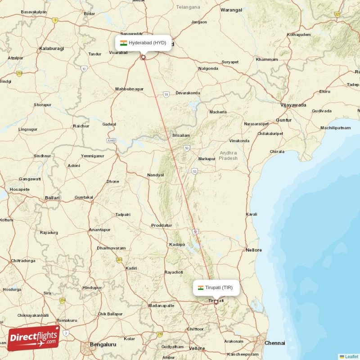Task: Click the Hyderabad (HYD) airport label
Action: [x=147, y=43]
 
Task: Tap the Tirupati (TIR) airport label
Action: [x=219, y=288]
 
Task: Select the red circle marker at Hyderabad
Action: [x=144, y=57]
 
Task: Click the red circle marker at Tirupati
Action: [x=216, y=302]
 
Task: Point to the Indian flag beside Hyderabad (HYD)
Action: [x=123, y=43]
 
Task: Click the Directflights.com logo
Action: [x=33, y=338]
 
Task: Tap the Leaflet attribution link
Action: [x=351, y=356]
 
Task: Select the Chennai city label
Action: [x=274, y=343]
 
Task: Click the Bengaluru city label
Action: [x=103, y=344]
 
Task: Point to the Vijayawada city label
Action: [x=293, y=105]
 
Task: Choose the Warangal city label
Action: [x=231, y=10]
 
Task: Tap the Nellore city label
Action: [x=254, y=249]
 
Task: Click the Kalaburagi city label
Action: [x=51, y=48]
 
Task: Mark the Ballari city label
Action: [x=52, y=198]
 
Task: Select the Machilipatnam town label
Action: [x=335, y=128]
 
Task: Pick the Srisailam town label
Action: [x=181, y=135]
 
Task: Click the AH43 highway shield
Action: [x=111, y=140]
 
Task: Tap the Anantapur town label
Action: [x=99, y=229]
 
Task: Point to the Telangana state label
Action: [x=188, y=7]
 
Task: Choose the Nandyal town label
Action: [x=155, y=175]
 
